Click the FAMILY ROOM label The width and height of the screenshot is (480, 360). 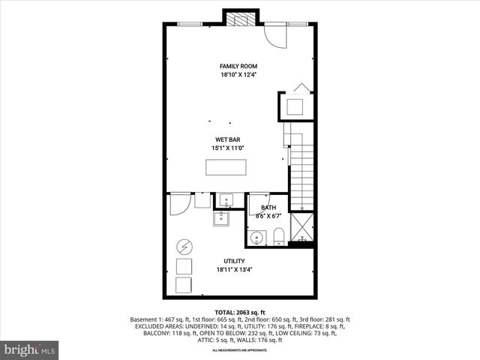238,66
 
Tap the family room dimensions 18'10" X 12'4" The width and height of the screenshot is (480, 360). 238,75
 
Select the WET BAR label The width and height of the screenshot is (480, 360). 228,139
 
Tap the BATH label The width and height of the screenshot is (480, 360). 268,208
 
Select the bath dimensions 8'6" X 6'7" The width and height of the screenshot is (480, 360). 268,216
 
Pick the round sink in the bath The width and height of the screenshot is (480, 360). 257,238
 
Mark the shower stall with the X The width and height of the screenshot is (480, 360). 301,226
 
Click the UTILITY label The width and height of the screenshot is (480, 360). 233,261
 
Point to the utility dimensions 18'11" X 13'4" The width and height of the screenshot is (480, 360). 233,270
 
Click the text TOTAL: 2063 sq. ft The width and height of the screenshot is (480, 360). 239,311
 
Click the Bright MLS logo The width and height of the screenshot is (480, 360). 30,349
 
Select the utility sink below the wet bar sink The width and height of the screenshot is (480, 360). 222,219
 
